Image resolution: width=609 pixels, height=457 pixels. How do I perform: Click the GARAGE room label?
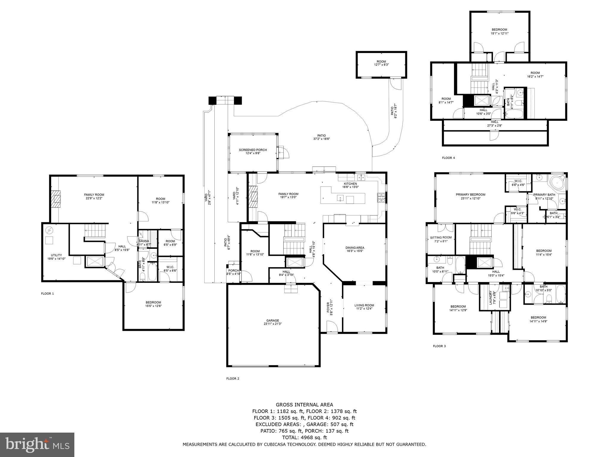(x=271, y=320)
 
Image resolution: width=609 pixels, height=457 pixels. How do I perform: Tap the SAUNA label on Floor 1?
(x=144, y=241)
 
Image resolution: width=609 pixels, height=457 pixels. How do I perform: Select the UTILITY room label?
(x=56, y=255)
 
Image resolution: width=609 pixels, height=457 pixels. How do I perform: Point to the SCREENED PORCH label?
(x=253, y=150)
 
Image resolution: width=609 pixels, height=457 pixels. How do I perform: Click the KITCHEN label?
(x=350, y=184)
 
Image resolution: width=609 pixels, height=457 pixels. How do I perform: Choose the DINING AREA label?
(x=355, y=248)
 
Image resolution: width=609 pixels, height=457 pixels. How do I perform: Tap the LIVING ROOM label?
(x=364, y=305)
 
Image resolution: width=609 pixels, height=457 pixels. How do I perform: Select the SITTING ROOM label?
(x=441, y=237)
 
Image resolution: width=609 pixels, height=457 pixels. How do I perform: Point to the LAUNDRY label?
(x=491, y=298)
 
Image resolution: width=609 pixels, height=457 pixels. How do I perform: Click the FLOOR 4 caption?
(x=448, y=158)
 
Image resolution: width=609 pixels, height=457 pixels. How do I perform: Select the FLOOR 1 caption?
(x=47, y=294)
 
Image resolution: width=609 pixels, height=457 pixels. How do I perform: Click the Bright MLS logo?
(x=37, y=445)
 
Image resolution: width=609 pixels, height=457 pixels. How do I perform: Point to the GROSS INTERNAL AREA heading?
(x=304, y=405)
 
